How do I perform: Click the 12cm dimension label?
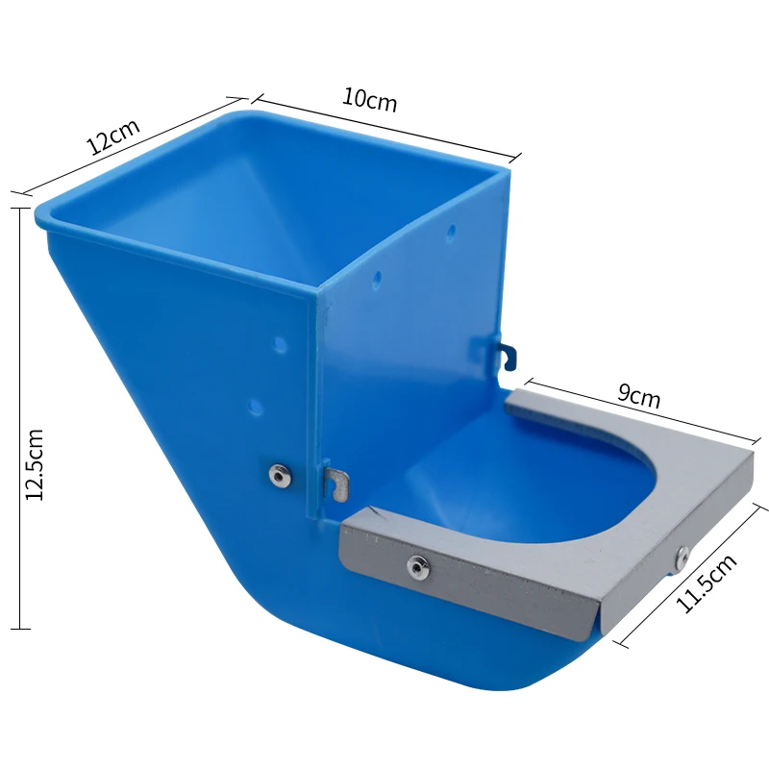(x=113, y=136)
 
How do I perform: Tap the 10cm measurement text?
(x=369, y=100)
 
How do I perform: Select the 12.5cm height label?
(x=35, y=464)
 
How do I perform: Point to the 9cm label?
(x=638, y=396)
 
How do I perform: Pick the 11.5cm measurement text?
(x=707, y=583)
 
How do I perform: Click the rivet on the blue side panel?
(x=281, y=474)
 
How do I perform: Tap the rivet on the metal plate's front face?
(x=418, y=567)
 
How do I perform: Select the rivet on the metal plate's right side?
(x=682, y=558)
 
